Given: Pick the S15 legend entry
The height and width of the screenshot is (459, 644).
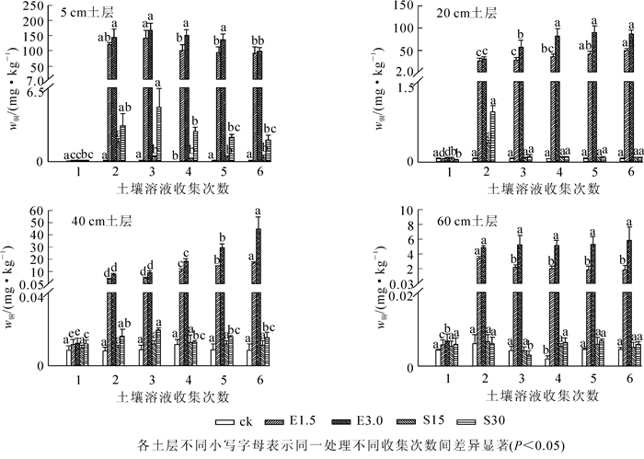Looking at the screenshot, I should point(417,422).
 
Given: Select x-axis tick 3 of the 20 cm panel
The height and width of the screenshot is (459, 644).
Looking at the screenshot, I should point(521,172).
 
